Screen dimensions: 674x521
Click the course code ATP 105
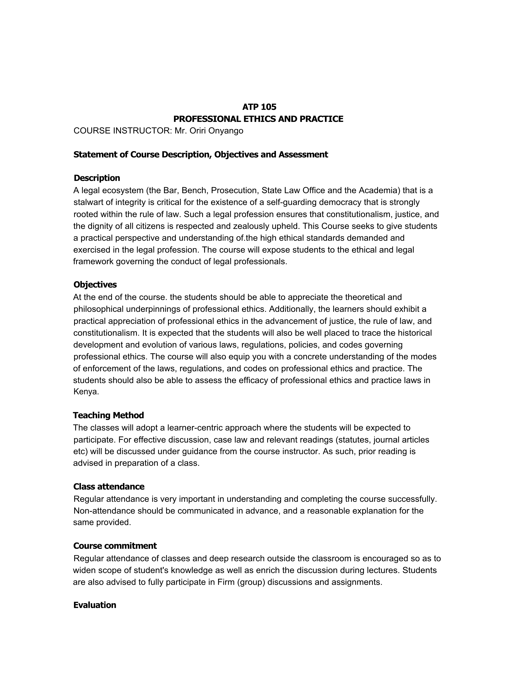259,107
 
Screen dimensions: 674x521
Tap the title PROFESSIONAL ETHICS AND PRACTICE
258,119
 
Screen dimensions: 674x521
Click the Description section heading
97,178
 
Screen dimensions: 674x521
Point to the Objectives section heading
95,285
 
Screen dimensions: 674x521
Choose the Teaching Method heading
109,415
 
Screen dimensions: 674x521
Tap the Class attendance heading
109,487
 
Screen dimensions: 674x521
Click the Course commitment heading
115,546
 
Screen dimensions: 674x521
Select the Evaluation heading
95,605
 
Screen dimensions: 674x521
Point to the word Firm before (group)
226,582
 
